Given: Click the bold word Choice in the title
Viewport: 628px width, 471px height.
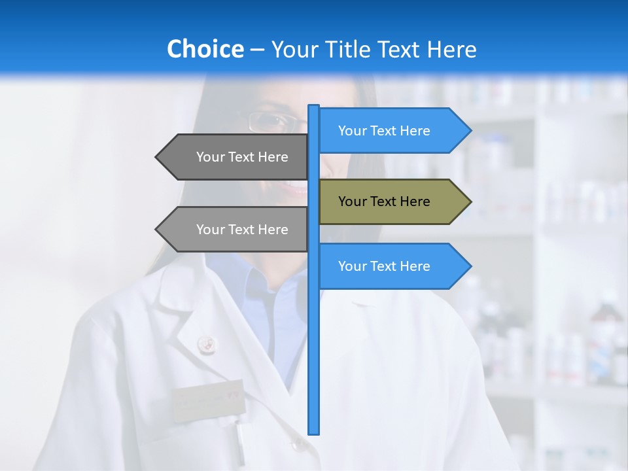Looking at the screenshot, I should click(x=205, y=50).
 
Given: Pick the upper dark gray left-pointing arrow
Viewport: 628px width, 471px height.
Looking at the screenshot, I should click(x=235, y=157).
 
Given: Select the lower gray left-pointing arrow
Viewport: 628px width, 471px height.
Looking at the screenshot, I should click(x=235, y=230).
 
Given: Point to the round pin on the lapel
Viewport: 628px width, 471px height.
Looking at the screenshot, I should click(x=207, y=343).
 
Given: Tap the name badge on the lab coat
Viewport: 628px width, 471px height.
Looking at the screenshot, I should click(x=208, y=399).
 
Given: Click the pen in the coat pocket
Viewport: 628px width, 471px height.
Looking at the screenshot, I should click(x=240, y=442).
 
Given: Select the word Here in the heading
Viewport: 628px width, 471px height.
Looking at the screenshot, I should click(x=452, y=50).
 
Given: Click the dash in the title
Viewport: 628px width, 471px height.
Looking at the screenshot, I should click(x=257, y=50).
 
